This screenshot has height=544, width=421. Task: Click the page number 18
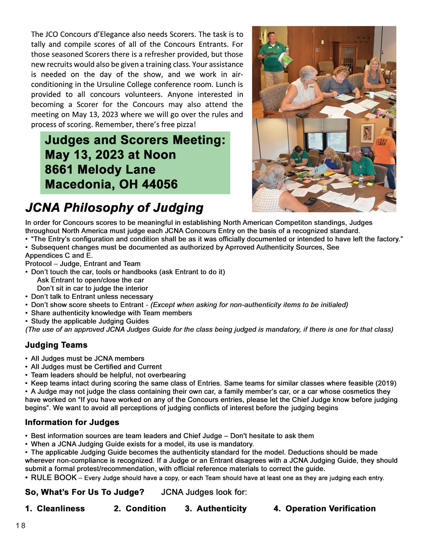(21, 526)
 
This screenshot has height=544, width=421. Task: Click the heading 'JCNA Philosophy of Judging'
(114, 208)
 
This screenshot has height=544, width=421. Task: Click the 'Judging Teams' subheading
(56, 345)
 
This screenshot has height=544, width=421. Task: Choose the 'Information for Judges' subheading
(72, 422)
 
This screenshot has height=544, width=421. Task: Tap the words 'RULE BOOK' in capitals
(54, 478)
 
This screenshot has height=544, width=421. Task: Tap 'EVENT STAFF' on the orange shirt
(382, 142)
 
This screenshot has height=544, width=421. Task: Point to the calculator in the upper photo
(302, 114)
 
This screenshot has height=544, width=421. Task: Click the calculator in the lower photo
(310, 201)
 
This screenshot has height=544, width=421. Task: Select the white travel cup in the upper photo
(372, 93)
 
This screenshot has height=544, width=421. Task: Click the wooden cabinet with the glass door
(346, 55)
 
